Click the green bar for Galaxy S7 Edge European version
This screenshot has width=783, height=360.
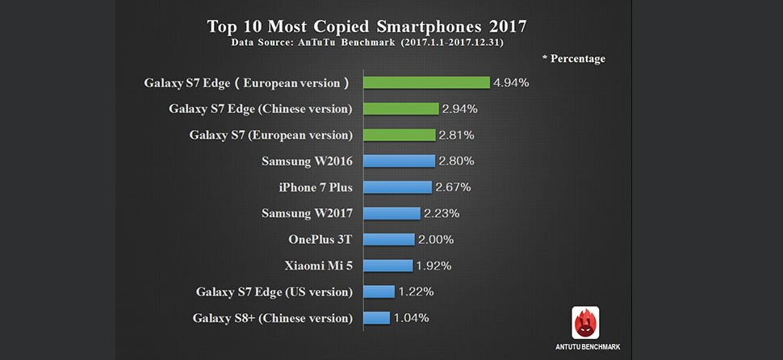coord(426,82)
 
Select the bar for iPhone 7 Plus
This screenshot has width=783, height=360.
coord(397,187)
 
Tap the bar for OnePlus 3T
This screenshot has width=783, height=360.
coord(388,240)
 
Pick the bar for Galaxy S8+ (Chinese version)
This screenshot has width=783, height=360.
coord(376,318)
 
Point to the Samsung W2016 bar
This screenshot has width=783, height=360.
coord(399,161)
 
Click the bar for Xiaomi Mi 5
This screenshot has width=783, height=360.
coord(387,266)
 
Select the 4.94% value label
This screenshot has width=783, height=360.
coord(512,82)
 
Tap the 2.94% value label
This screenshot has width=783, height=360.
coord(461,108)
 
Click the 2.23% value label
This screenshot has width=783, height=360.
coord(442,213)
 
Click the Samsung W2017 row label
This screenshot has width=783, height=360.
coord(308,213)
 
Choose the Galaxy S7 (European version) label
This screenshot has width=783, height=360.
coord(271,135)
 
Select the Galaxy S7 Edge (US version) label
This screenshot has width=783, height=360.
coord(274,291)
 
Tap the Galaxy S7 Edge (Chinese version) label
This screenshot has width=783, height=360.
coord(262,108)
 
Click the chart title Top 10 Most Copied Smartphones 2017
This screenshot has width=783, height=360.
coord(367,25)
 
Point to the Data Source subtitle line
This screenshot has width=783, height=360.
coord(367,43)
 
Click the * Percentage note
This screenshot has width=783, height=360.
coord(573,59)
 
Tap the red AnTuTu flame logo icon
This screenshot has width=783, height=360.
coord(586,323)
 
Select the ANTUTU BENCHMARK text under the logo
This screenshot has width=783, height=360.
coord(587,347)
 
